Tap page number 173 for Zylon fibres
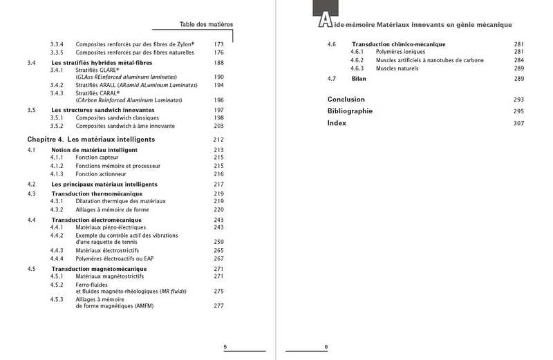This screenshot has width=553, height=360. (219, 44)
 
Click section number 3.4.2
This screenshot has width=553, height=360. (57, 84)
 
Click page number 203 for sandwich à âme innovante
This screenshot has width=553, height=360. (219, 126)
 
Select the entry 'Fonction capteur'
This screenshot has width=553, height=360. (97, 158)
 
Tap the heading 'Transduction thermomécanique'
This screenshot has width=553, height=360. (96, 193)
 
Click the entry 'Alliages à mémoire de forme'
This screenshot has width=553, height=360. (113, 209)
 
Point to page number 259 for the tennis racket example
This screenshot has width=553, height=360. (219, 242)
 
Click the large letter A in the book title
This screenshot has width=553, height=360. (324, 21)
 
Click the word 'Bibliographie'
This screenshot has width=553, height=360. (350, 111)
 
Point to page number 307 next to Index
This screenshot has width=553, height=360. (519, 123)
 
